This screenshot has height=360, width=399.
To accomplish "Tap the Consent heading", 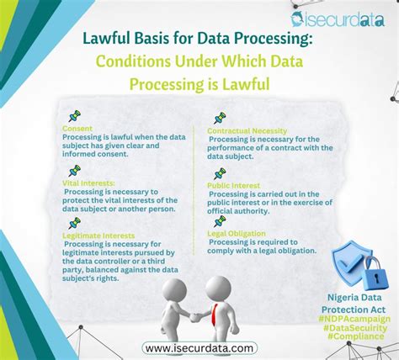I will point(77,128).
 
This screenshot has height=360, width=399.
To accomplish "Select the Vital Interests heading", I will point(89,182).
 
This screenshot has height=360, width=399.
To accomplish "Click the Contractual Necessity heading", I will point(246,131).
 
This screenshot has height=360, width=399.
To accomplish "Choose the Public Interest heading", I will point(235,184).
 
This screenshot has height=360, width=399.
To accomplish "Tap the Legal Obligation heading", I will point(238,233).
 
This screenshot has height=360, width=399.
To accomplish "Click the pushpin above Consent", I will point(74,115).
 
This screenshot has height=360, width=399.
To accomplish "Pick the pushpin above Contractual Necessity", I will point(220,119).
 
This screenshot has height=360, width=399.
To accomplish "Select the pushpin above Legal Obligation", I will point(220,221).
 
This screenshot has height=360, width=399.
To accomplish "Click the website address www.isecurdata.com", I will point(199,347).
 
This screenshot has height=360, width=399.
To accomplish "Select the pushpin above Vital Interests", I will point(74,170).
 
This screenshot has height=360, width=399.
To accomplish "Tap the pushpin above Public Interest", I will point(220,172).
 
